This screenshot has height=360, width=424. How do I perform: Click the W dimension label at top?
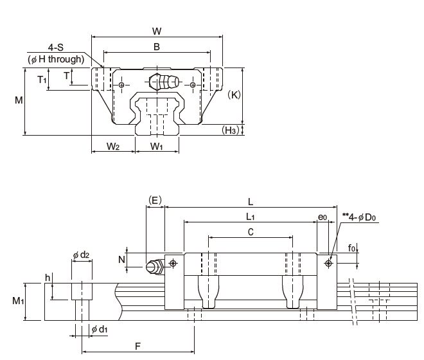pos(157,30)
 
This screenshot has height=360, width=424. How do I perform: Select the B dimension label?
pos(157,46)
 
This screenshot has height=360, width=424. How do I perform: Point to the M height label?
pos(19,100)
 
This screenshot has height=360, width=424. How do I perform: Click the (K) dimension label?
pos(234,94)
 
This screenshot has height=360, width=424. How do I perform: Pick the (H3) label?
pos(231,130)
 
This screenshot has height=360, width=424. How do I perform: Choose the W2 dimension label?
pos(113,147)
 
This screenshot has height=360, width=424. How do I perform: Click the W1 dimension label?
pos(157,147)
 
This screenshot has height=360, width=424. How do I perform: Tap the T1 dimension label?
pos(42,80)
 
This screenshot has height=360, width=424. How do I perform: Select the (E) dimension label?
pos(155,200)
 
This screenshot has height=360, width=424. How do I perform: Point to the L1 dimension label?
pos(251,216)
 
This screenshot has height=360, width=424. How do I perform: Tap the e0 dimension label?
pos(322,217)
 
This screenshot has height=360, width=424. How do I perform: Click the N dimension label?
pos(121,260)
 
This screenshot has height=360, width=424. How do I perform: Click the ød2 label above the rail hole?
pos(81,255)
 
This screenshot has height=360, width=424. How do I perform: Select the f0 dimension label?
pos(351,247)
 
